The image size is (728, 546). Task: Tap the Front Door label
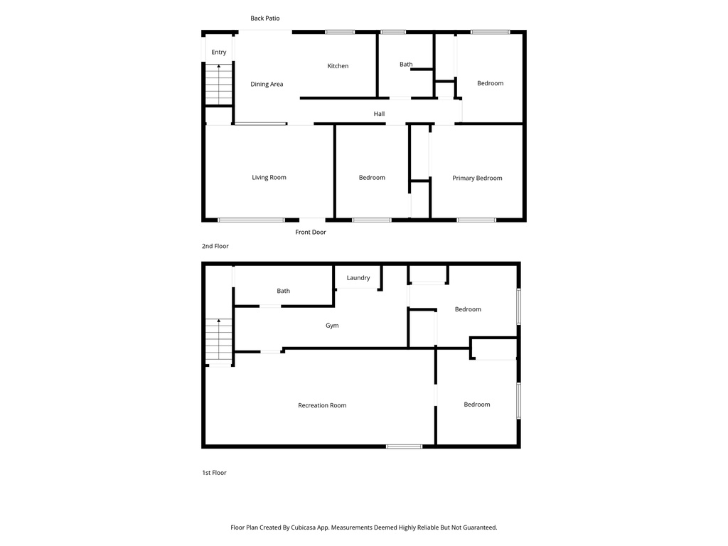click(311, 232)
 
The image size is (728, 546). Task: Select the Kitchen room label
click(338, 66)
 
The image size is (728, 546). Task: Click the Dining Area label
click(267, 85)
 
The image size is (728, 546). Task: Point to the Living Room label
click(269, 178)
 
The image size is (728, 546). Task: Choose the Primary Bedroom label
click(477, 178)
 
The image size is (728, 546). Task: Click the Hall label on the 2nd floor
click(379, 114)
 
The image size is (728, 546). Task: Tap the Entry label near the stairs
click(219, 53)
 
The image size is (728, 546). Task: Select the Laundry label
click(358, 278)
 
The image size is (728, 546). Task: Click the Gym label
click(332, 326)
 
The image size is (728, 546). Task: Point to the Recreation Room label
click(322, 406)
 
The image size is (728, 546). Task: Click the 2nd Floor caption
click(215, 247)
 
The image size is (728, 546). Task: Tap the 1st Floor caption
click(214, 473)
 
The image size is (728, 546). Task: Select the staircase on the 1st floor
click(219, 341)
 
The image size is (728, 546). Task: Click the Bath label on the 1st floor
click(283, 291)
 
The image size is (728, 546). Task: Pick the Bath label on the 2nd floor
click(406, 65)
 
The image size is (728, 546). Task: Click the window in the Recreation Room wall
click(404, 446)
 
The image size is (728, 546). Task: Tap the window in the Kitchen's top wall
click(340, 32)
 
